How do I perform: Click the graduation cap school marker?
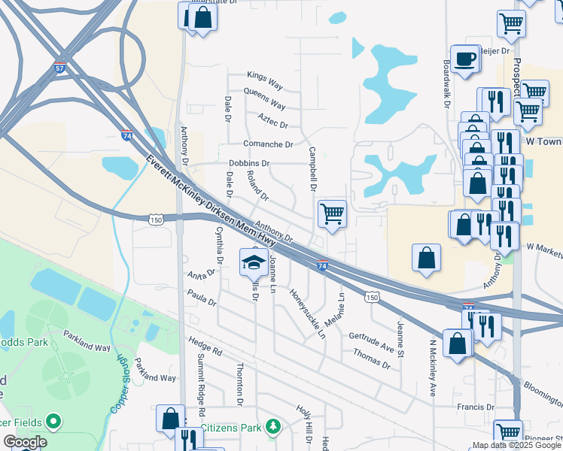click(252, 262)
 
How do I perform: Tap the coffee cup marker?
click(464, 59)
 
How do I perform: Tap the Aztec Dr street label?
click(272, 121)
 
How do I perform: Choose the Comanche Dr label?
click(267, 143)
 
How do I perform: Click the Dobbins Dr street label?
click(249, 163)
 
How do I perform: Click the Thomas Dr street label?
click(371, 360)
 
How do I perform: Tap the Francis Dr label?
click(475, 407)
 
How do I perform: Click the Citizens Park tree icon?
click(275, 427)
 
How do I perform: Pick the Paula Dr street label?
click(202, 298)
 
